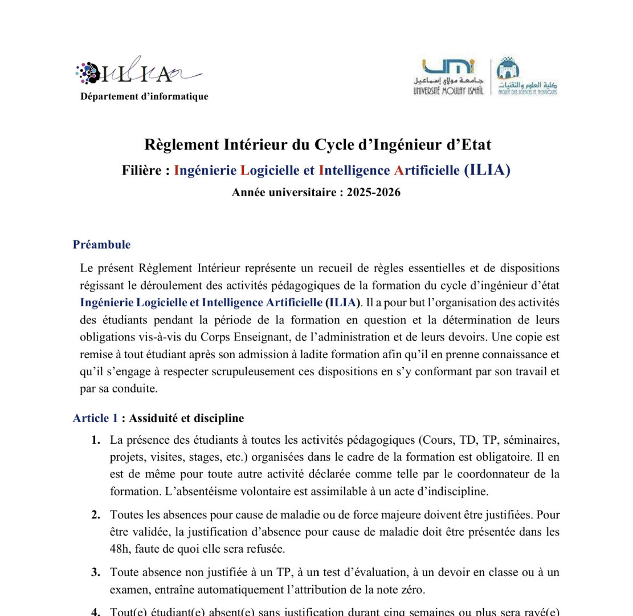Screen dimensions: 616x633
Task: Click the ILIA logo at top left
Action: click(x=137, y=72)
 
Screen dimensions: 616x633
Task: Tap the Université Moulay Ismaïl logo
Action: click(x=448, y=76)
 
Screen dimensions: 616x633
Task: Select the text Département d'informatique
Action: click(x=144, y=96)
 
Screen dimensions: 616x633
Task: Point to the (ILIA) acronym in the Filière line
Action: click(x=487, y=170)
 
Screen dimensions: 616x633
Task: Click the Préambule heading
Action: click(x=101, y=245)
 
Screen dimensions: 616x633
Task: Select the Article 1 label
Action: click(x=95, y=418)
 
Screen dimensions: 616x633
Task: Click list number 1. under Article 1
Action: click(x=96, y=440)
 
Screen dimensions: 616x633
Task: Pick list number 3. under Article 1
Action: click(x=96, y=572)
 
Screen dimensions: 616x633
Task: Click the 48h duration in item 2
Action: click(x=120, y=549)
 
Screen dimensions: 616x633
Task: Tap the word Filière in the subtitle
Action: click(x=142, y=170)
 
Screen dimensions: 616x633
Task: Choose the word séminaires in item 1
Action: click(x=532, y=440)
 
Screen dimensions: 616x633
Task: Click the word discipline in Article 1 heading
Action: click(x=219, y=418)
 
